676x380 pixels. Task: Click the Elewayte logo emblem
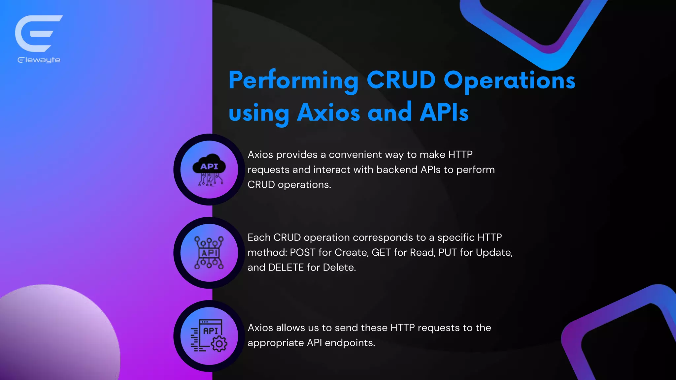(x=38, y=33)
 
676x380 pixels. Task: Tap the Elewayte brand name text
(x=39, y=60)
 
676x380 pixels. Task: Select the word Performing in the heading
(x=293, y=81)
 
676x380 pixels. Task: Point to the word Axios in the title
(x=328, y=112)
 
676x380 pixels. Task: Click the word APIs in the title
(x=444, y=112)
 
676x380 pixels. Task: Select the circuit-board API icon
(x=209, y=253)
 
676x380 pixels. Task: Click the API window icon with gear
(x=209, y=336)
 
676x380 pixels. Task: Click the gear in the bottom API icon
(x=219, y=344)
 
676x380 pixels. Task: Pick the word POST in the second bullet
(x=302, y=253)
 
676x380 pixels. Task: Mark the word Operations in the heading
(x=509, y=81)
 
